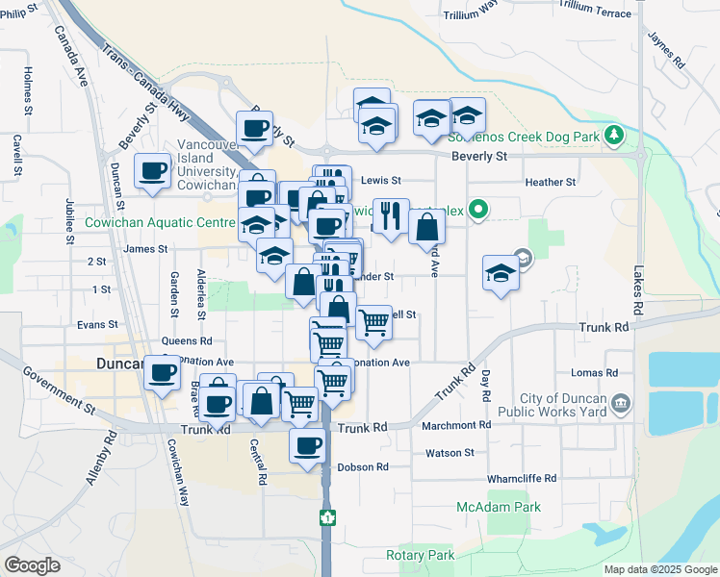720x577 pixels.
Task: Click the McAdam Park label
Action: [499, 507]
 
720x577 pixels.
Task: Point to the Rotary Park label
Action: [420, 555]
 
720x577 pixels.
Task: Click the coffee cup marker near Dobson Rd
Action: [308, 445]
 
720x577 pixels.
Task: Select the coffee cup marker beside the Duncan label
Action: [163, 371]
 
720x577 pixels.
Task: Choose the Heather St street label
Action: [551, 182]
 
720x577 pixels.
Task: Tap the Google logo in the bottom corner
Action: [32, 565]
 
